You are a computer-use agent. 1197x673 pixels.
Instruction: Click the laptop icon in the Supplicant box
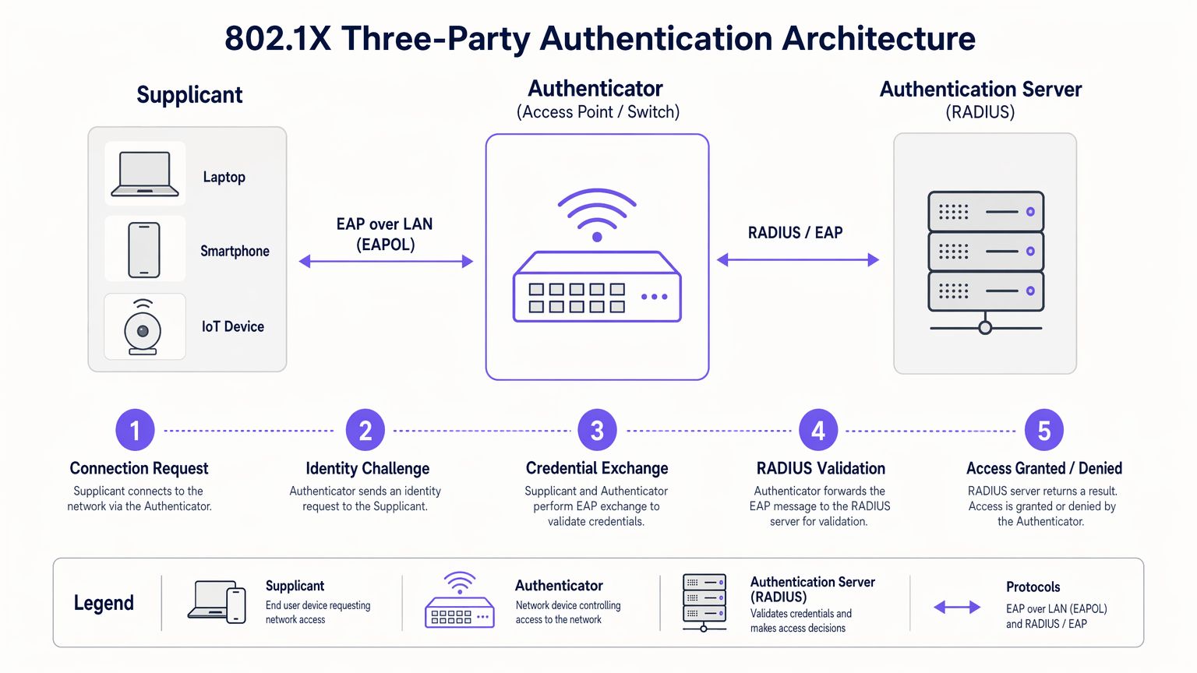pyautogui.click(x=145, y=174)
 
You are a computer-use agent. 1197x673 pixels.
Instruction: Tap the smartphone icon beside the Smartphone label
pyautogui.click(x=144, y=250)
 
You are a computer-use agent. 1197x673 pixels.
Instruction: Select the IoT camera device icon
pyautogui.click(x=143, y=327)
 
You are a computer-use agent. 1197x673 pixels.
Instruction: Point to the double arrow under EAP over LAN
pyautogui.click(x=386, y=262)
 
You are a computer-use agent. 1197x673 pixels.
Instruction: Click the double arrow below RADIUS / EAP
pyautogui.click(x=798, y=260)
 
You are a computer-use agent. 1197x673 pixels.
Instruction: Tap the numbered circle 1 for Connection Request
pyautogui.click(x=135, y=430)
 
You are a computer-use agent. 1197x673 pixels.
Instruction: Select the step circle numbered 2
pyautogui.click(x=365, y=430)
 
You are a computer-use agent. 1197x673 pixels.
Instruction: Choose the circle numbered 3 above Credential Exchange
pyautogui.click(x=597, y=430)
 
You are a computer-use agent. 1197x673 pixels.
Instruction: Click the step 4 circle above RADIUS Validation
pyautogui.click(x=818, y=430)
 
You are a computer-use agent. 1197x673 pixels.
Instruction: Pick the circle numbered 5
pyautogui.click(x=1044, y=430)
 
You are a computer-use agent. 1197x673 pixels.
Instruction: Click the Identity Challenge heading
pyautogui.click(x=367, y=468)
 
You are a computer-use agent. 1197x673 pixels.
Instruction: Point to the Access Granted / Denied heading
pyautogui.click(x=1044, y=468)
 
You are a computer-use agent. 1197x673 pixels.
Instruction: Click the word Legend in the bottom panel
pyautogui.click(x=104, y=603)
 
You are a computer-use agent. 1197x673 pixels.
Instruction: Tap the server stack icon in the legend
pyautogui.click(x=704, y=602)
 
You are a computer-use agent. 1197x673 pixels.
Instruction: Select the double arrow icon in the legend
pyautogui.click(x=957, y=607)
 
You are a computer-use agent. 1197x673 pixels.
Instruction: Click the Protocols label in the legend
pyautogui.click(x=1033, y=587)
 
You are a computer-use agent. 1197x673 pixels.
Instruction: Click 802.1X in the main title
pyautogui.click(x=277, y=38)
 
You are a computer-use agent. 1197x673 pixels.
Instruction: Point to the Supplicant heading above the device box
pyautogui.click(x=189, y=95)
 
